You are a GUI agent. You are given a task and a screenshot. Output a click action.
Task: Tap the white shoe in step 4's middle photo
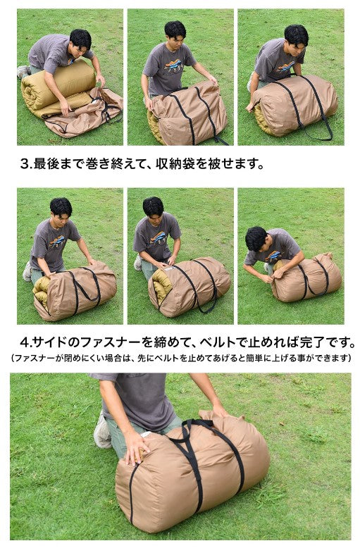[137, 262]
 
